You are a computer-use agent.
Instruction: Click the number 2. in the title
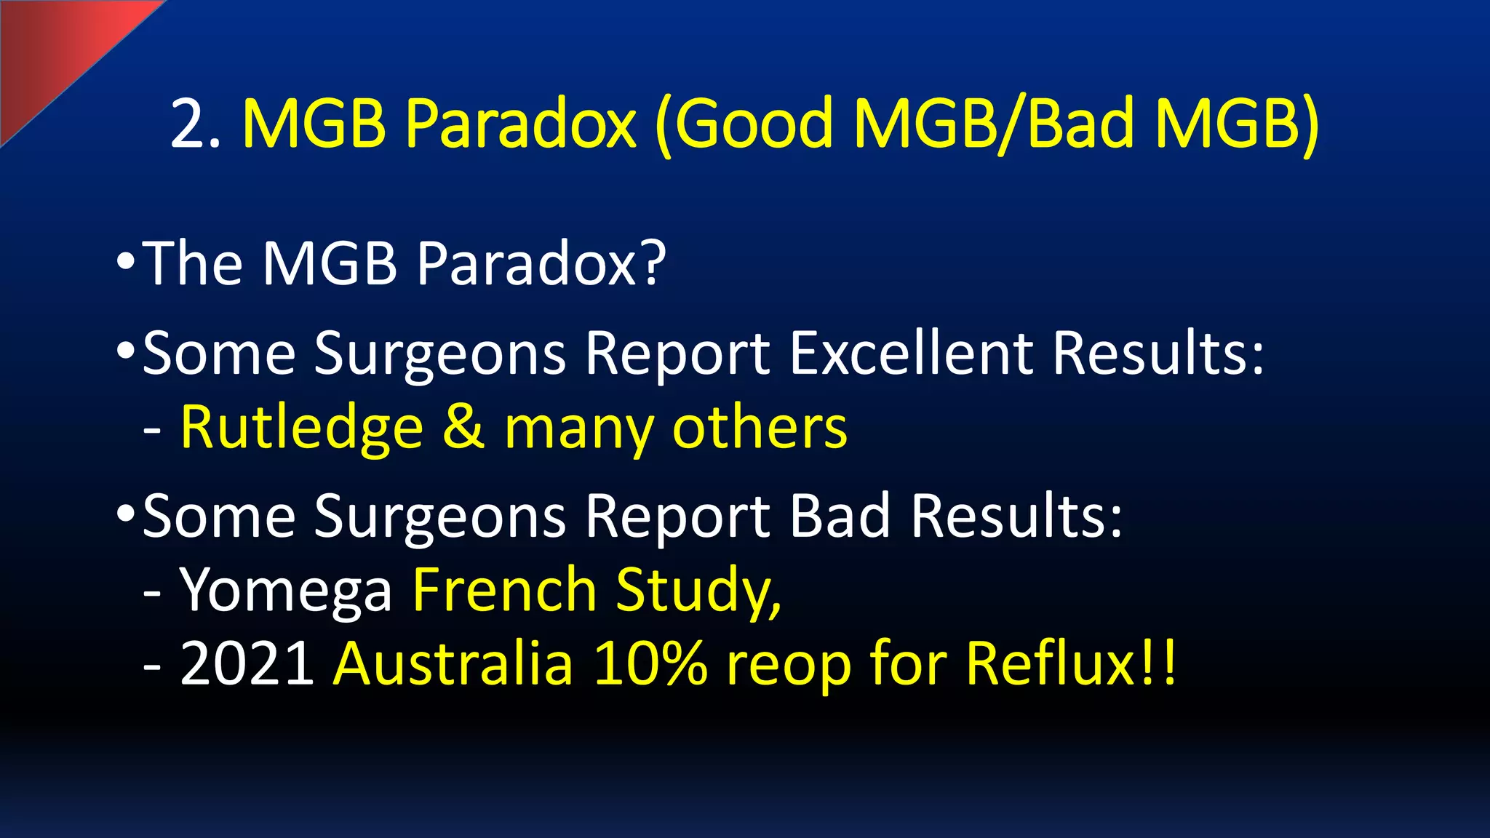195,124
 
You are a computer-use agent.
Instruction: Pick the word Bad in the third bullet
840,516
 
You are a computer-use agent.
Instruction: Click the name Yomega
286,591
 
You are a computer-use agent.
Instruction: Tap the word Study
698,591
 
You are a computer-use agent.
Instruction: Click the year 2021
247,663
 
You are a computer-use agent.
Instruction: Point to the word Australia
453,663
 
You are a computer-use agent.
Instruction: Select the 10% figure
650,663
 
